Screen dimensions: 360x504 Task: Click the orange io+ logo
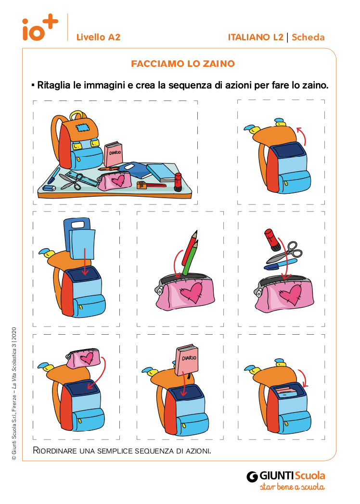click(40, 27)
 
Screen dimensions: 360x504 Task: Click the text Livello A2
click(99, 38)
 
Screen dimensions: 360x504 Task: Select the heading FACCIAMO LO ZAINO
click(183, 63)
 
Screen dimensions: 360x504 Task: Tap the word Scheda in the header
click(308, 38)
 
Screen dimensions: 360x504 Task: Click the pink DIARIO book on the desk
click(113, 153)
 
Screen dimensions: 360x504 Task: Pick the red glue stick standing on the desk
click(178, 182)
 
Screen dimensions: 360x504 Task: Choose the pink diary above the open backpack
click(187, 360)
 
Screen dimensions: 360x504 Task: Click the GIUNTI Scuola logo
click(286, 480)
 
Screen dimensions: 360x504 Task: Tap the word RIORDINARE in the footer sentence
click(55, 451)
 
